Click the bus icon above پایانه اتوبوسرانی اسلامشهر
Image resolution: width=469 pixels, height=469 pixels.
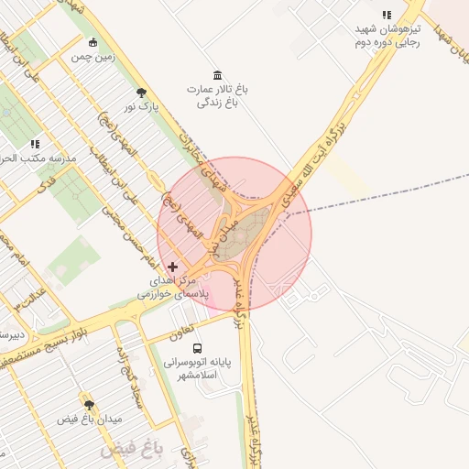click(x=197, y=348)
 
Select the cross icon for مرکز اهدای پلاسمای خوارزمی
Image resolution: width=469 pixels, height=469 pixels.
click(x=173, y=267)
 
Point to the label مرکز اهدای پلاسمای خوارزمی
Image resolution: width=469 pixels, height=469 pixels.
click(x=174, y=289)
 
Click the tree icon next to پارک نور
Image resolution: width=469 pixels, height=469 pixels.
click(x=141, y=93)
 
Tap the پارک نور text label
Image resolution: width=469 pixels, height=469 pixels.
click(x=142, y=108)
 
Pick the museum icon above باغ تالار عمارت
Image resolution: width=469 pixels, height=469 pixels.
click(x=217, y=74)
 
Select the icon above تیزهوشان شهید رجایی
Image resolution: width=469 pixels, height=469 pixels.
click(x=387, y=16)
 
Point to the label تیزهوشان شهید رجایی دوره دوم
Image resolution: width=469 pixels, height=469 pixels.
click(x=387, y=36)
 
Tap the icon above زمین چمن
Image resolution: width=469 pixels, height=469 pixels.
click(x=93, y=42)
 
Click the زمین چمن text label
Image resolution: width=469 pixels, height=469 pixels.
click(x=93, y=57)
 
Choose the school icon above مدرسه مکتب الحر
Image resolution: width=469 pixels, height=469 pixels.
click(x=36, y=144)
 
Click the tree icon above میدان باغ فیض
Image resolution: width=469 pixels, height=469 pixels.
click(x=89, y=405)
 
